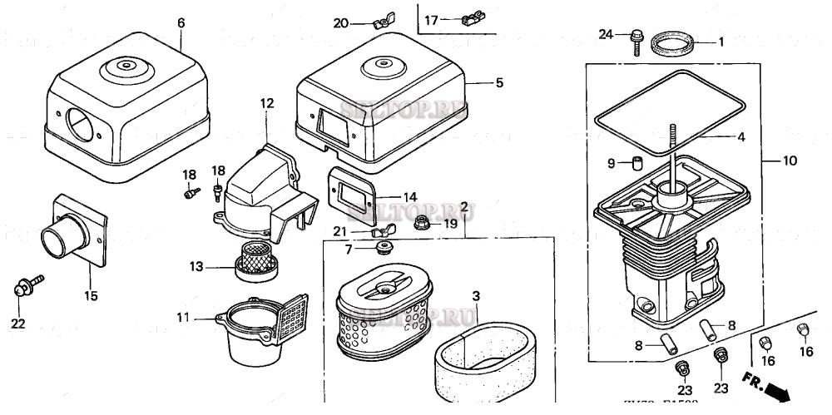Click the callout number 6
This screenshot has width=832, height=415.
[181, 22]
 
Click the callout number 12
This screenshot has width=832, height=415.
[266, 103]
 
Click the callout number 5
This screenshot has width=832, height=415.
[499, 82]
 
